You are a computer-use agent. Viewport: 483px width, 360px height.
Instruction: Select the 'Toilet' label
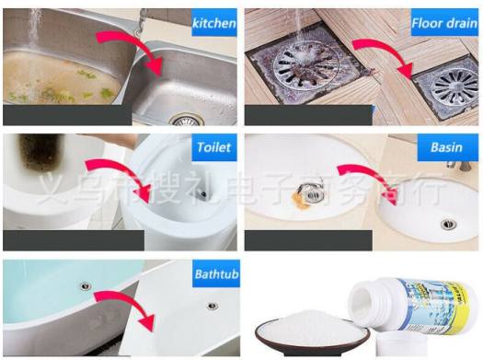pyautogui.click(x=213, y=147)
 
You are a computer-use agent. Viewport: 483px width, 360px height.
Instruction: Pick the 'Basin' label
pyautogui.click(x=449, y=147)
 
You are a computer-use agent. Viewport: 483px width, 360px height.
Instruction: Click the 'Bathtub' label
pyautogui.click(x=213, y=274)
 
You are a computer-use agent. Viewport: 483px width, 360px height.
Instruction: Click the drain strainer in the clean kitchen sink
pyautogui.click(x=185, y=120)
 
